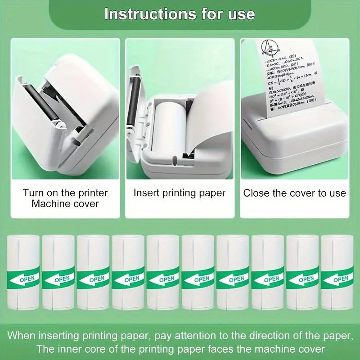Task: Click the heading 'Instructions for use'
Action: (180, 13)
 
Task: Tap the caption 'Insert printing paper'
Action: (180, 193)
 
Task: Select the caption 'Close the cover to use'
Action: (295, 193)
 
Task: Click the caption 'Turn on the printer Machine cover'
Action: (65, 198)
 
